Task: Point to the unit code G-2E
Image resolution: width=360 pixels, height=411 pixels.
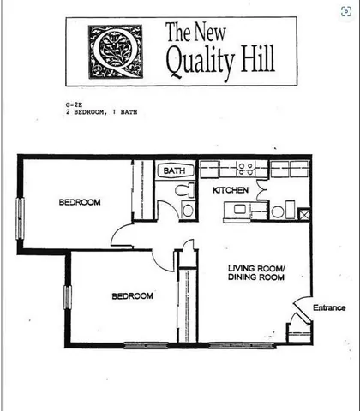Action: click(75, 104)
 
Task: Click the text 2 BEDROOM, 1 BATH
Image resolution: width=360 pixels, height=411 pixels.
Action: click(101, 111)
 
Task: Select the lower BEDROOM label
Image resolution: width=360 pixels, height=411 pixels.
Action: click(132, 296)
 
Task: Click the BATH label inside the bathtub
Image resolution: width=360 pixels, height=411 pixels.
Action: click(175, 171)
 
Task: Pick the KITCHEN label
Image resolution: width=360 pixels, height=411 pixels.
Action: click(231, 189)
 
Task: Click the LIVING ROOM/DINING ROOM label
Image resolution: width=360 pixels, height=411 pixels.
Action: click(256, 273)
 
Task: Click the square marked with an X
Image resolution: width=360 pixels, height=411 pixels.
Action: click(290, 211)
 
